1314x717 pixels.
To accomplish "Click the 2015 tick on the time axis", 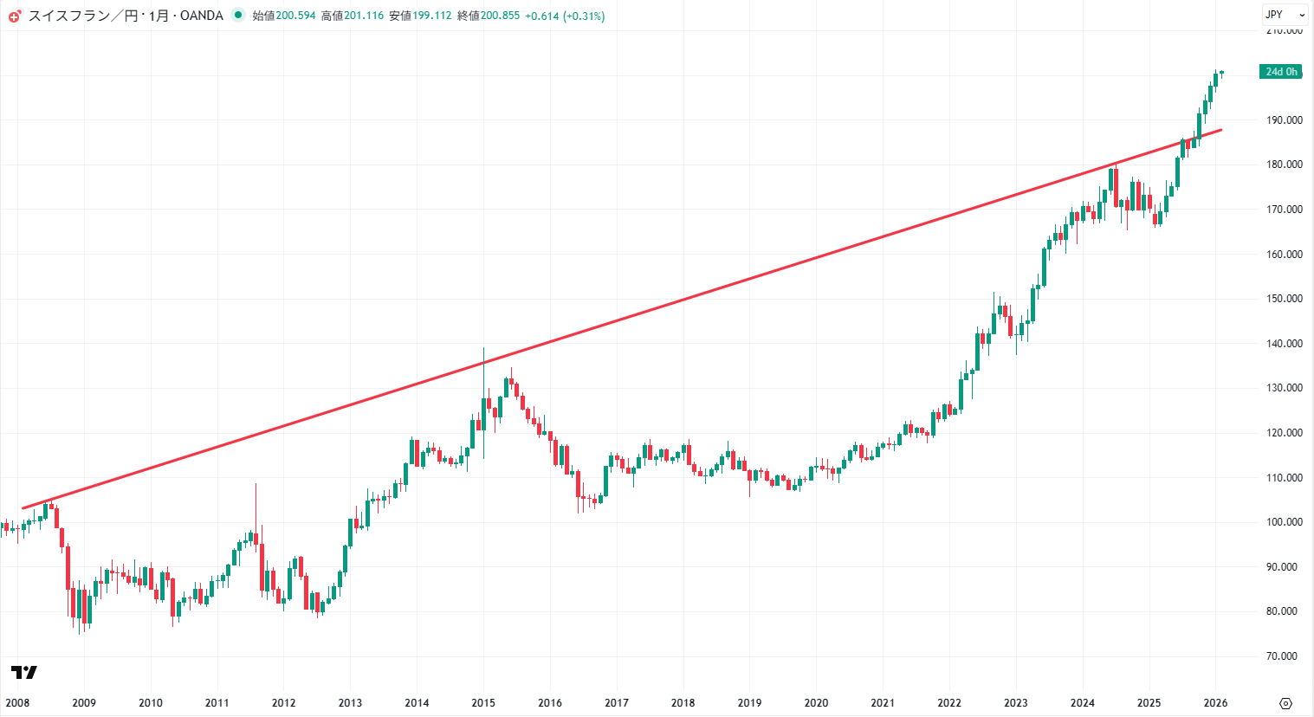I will pyautogui.click(x=483, y=702).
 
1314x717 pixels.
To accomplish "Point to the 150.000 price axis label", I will pyautogui.click(x=1284, y=299).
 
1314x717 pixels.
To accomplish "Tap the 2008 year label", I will pyautogui.click(x=17, y=702).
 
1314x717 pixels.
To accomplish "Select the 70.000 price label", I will pyautogui.click(x=1282, y=656).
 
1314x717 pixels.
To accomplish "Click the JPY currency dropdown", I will pyautogui.click(x=1285, y=15).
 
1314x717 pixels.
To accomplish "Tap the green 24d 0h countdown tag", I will pyautogui.click(x=1281, y=72).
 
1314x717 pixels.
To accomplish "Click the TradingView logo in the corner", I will pyautogui.click(x=24, y=672).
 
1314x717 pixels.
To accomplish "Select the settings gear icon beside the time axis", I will pyautogui.click(x=1285, y=703).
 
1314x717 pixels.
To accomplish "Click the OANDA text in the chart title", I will pyautogui.click(x=202, y=16).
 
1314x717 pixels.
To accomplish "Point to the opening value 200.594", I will pyautogui.click(x=295, y=16).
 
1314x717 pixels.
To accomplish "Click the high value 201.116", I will pyautogui.click(x=364, y=16).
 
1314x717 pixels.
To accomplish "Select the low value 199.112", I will pyautogui.click(x=431, y=16).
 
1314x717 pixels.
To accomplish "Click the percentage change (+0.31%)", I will pyautogui.click(x=584, y=16).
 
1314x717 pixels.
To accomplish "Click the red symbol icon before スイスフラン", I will pyautogui.click(x=15, y=16).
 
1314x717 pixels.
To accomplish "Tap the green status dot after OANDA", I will pyautogui.click(x=238, y=15).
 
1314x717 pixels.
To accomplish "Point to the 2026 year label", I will pyautogui.click(x=1215, y=702).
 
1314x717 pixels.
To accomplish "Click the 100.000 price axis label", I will pyautogui.click(x=1284, y=522).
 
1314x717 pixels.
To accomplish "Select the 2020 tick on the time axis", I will pyautogui.click(x=816, y=702).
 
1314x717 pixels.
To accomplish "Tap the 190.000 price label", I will pyautogui.click(x=1284, y=120).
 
